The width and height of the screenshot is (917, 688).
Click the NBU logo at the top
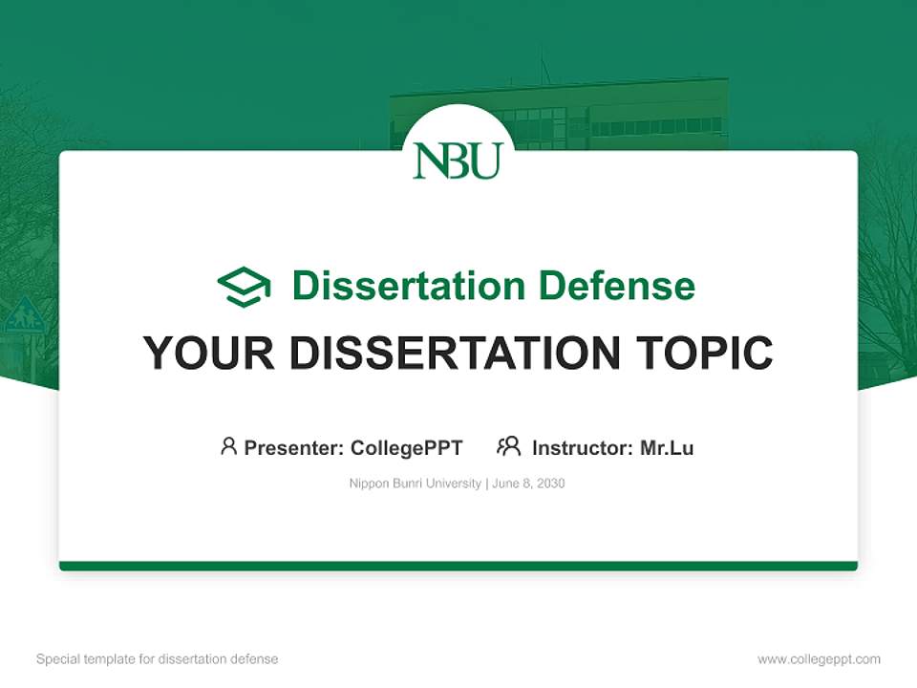pos(458,160)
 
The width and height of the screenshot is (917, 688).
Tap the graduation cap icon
pos(244,286)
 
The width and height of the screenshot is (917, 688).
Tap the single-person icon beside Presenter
pos(228,446)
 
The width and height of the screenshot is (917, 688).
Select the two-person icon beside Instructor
pos(508,446)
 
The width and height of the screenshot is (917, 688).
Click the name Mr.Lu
pos(667,447)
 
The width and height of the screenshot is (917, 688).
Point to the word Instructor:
pos(582,447)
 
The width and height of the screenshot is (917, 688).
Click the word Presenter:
pos(294,447)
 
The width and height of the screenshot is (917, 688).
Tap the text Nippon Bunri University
pos(416,484)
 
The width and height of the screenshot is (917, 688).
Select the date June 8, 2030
pos(529,484)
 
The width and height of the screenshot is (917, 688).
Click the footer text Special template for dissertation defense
pos(157,659)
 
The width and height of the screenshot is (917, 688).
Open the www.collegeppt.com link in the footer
pos(819,659)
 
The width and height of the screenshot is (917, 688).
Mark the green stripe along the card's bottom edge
pos(458,566)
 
